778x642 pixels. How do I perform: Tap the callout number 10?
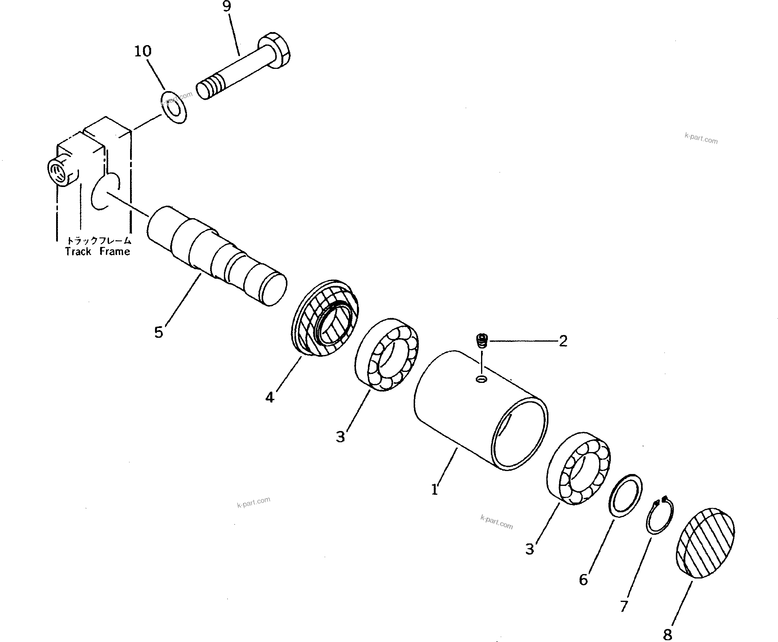coord(143,51)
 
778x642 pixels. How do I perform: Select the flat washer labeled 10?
coord(173,107)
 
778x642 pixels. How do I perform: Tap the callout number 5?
coord(158,332)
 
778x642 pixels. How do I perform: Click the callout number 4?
coord(270,397)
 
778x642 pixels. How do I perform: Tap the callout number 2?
coord(563,341)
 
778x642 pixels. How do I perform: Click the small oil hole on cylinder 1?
coord(481,379)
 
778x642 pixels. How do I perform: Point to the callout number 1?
coord(435,490)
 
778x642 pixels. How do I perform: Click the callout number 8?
coord(667,634)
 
